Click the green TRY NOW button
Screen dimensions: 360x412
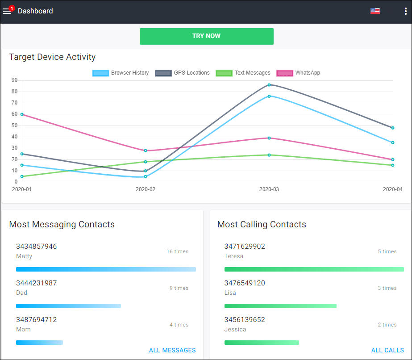[206, 36]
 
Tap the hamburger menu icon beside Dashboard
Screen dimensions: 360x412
[7, 11]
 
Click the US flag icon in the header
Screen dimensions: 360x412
[375, 11]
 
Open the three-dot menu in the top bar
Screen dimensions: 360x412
[405, 11]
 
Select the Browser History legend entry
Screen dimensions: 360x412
[121, 73]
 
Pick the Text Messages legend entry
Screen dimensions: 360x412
[243, 73]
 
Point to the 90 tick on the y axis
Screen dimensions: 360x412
[15, 80]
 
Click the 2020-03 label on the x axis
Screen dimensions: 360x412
[269, 189]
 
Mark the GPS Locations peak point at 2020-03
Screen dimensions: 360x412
[269, 85]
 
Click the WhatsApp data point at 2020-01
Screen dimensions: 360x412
[22, 114]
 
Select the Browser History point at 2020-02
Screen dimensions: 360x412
[146, 176]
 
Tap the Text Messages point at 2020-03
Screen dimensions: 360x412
[269, 155]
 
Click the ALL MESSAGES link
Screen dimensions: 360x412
[172, 350]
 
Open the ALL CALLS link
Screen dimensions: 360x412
[387, 350]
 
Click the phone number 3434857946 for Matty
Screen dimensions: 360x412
[37, 247]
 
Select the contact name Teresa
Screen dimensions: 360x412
[234, 256]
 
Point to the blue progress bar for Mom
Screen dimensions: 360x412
[39, 343]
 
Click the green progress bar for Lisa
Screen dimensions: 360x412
[280, 306]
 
